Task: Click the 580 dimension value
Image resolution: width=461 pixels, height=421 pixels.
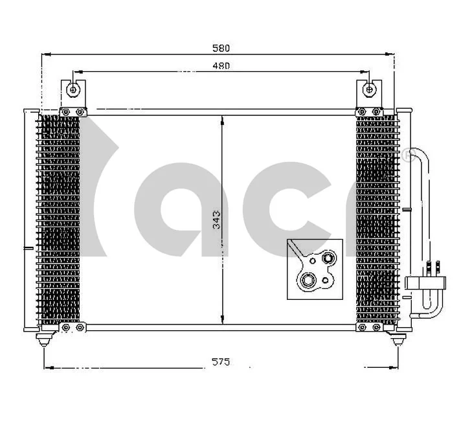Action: [221, 48]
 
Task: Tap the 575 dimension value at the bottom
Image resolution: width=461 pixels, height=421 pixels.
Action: [221, 361]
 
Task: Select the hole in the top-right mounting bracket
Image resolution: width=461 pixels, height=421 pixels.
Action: [369, 89]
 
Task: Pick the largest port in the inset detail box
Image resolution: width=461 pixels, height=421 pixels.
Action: [306, 281]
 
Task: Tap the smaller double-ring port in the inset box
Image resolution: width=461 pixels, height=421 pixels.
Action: [328, 259]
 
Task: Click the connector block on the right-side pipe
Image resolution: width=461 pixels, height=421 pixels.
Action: [424, 282]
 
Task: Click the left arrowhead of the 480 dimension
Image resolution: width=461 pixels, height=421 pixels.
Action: [78, 72]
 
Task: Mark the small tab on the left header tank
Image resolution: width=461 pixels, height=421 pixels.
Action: [27, 247]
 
